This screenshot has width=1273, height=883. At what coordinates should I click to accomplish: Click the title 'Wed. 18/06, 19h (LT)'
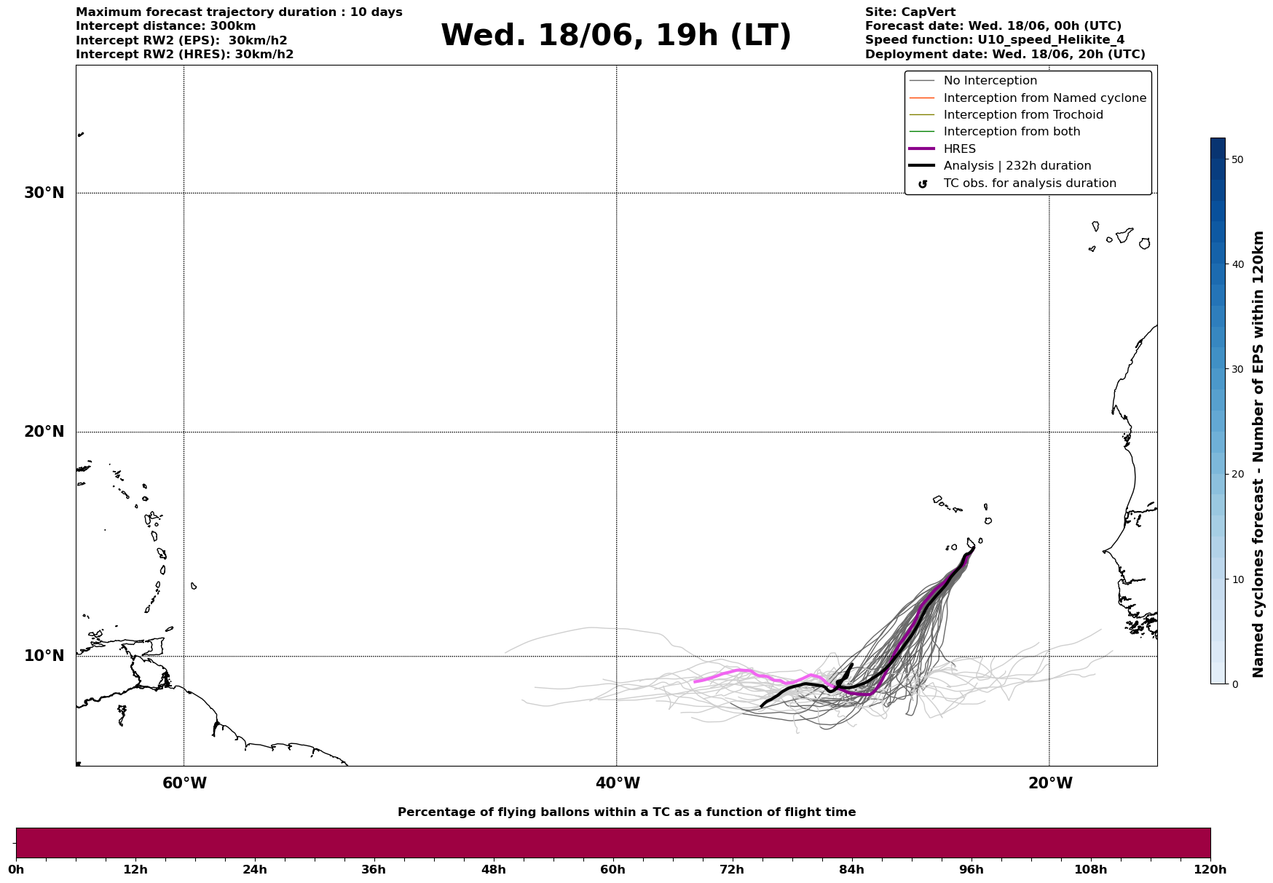point(615,36)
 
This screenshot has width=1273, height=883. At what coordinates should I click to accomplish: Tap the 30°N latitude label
point(44,193)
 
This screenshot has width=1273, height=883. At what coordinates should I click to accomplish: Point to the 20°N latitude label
point(44,432)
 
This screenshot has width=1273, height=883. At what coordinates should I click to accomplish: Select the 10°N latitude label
point(44,656)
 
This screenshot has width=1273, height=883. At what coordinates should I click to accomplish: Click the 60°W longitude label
point(184,783)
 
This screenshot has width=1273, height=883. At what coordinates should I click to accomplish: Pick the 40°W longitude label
point(618,783)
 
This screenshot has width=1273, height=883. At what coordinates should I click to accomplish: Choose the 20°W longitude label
point(1050,783)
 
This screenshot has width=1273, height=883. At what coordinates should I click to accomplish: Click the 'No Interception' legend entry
point(990,81)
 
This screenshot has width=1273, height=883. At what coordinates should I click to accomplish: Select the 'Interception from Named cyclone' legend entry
point(1044,98)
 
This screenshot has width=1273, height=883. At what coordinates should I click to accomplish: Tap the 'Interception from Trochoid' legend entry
point(1022,115)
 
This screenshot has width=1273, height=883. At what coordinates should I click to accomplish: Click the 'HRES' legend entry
point(959,149)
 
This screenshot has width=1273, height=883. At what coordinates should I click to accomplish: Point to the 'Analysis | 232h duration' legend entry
point(1017,166)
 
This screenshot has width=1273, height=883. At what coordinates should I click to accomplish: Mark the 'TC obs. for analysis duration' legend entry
point(1029,183)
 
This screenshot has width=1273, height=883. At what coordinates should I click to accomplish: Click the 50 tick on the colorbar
point(1236,159)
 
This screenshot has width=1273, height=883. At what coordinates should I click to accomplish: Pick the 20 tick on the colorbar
point(1236,475)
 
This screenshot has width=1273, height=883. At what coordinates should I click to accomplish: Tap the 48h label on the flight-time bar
point(493,870)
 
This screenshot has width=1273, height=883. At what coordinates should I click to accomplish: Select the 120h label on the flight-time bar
point(1210,870)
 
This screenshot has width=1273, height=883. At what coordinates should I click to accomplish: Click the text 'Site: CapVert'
point(910,12)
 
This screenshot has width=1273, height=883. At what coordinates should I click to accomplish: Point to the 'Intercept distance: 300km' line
point(165,26)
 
